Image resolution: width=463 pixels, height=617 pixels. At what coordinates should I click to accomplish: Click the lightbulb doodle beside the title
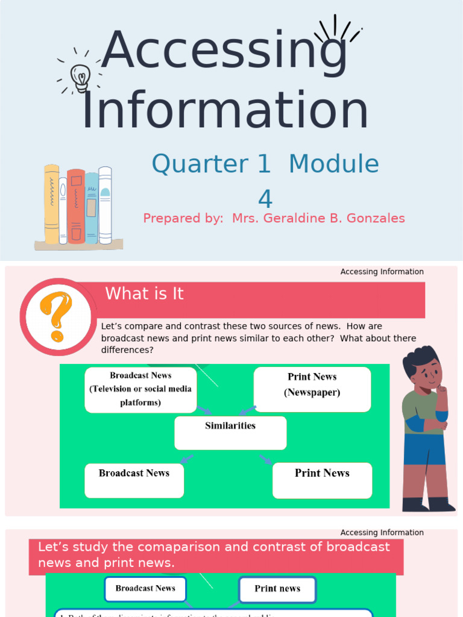click(x=80, y=78)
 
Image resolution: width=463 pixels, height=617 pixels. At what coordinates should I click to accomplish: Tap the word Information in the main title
click(x=224, y=111)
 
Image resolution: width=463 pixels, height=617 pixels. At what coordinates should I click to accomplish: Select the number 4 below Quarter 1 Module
click(x=265, y=199)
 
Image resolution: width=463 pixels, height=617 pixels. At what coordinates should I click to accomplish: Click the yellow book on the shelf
click(x=51, y=204)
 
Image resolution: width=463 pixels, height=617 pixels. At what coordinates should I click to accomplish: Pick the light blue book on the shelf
click(x=92, y=208)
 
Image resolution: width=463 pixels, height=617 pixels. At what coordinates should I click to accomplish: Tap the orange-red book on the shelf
click(x=76, y=206)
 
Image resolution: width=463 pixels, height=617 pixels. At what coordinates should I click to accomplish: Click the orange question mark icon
click(x=56, y=316)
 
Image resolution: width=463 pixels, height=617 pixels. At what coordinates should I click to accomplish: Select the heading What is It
click(x=144, y=294)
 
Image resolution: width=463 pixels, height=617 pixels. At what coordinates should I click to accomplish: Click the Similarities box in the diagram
click(x=230, y=433)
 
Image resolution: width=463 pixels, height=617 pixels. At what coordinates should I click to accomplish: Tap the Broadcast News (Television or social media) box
click(x=140, y=390)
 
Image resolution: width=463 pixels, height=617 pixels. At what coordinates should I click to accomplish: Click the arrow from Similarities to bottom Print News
click(x=266, y=459)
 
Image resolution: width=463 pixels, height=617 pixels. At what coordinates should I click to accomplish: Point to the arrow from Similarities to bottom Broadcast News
click(x=187, y=459)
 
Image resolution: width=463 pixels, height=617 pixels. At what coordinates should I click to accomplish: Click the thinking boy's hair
click(x=420, y=359)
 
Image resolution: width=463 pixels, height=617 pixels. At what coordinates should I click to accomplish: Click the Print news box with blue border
click(x=277, y=589)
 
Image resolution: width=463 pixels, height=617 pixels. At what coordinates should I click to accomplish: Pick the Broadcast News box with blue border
click(x=145, y=589)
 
